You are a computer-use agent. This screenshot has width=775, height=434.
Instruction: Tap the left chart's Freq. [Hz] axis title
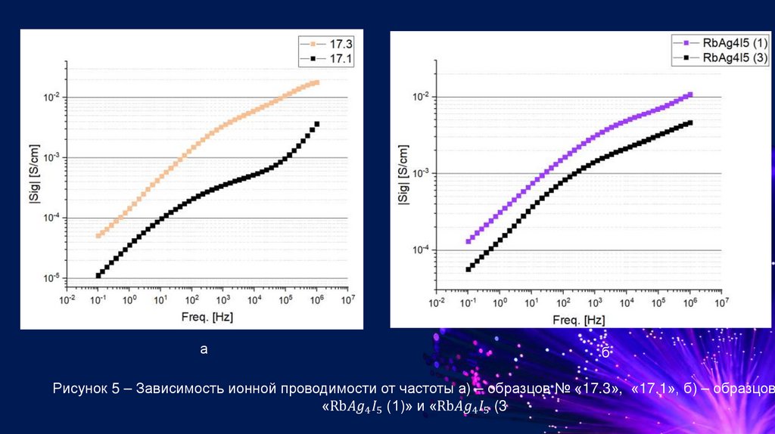pos(207,318)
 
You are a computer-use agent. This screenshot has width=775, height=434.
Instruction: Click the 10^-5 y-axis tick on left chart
pos(51,279)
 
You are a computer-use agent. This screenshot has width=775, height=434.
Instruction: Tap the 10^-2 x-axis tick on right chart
pos(437,302)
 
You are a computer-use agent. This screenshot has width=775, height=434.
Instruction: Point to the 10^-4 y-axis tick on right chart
pos(421,250)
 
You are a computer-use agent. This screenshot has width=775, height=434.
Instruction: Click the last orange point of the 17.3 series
pos(316,82)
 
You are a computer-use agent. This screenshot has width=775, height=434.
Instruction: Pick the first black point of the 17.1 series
pos(98,275)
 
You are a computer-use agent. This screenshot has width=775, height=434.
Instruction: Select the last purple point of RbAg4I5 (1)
pos(689,95)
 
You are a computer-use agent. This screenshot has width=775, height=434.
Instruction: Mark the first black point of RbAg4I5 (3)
pos(468,269)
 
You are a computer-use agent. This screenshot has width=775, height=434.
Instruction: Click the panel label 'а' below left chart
pos(203,349)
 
